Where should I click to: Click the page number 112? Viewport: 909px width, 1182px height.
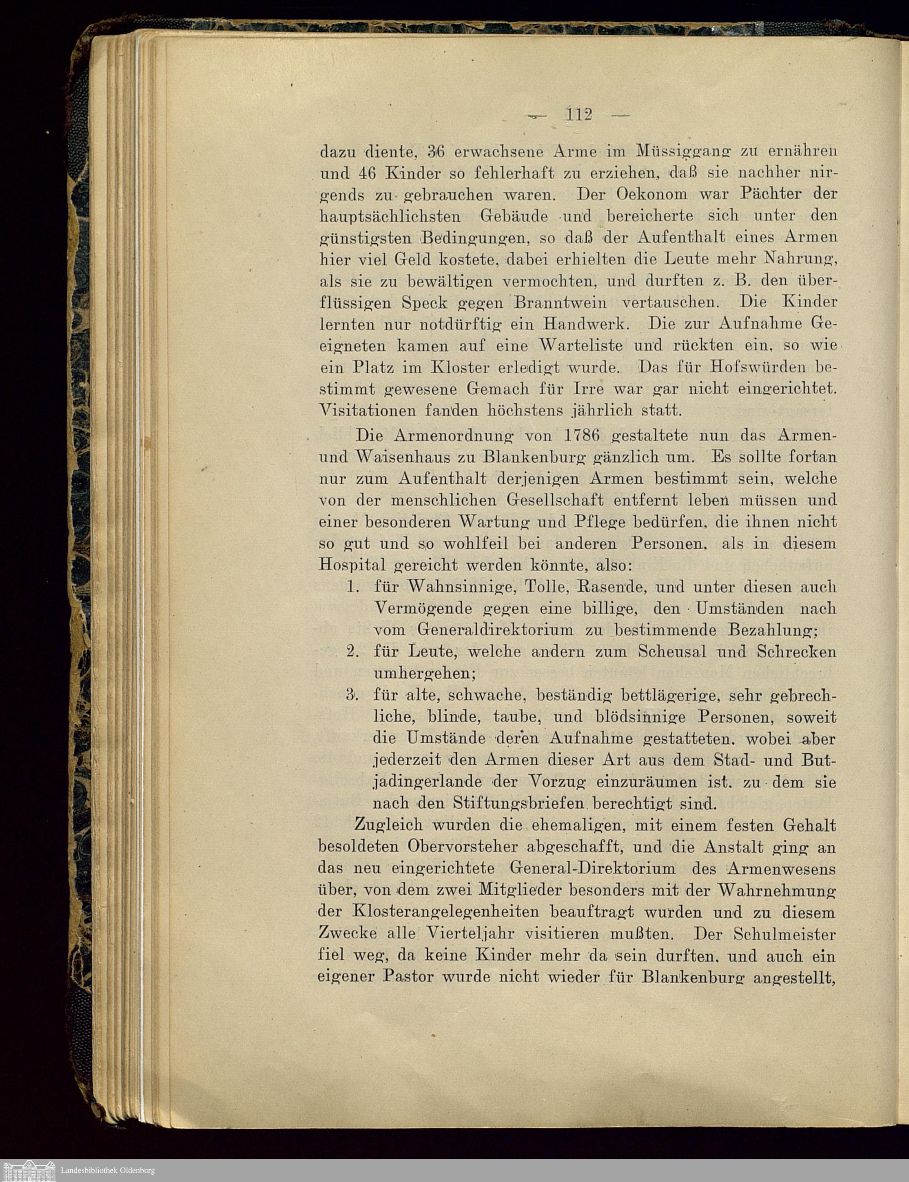pos(579,115)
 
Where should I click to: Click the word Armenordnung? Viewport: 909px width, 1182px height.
pos(454,436)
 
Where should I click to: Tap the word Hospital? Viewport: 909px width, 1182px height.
pos(352,565)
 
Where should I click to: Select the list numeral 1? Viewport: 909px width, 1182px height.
pos(353,586)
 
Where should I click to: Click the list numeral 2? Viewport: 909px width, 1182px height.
pos(353,651)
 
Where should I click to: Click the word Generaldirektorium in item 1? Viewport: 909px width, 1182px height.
pos(494,630)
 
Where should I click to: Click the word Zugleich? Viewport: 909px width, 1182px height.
pos(388,825)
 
